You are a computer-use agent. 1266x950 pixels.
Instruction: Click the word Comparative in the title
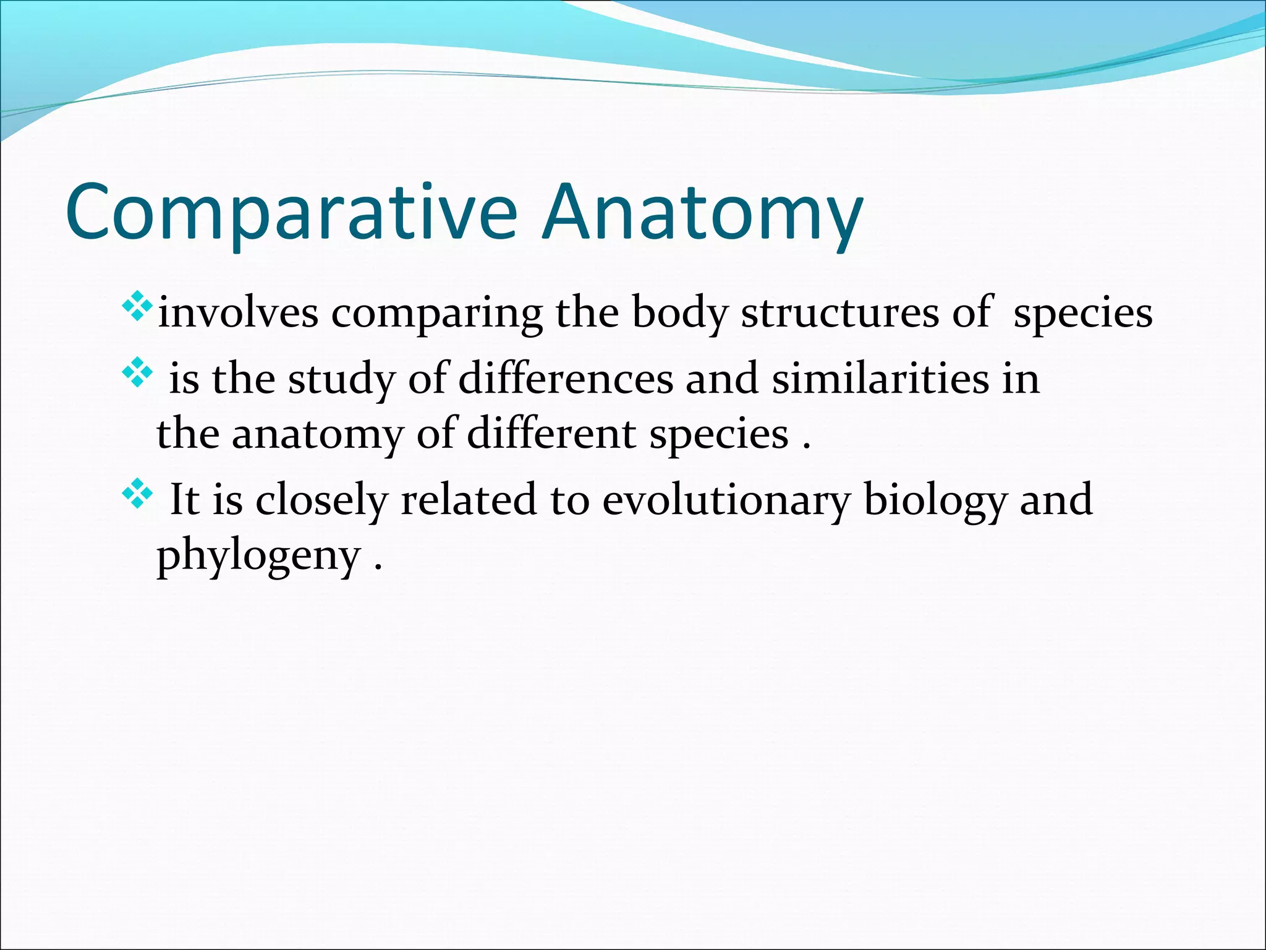tap(291, 212)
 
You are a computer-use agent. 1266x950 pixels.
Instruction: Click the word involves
tap(238, 313)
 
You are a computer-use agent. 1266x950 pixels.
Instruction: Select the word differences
tap(565, 379)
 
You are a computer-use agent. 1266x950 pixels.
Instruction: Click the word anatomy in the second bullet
tap(317, 435)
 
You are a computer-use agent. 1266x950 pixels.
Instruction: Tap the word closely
tap(321, 500)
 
